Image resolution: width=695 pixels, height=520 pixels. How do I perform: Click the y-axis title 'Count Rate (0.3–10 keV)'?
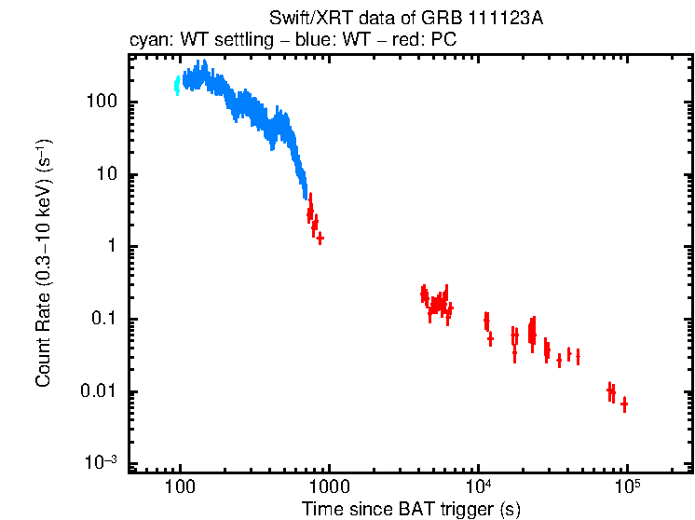point(43,265)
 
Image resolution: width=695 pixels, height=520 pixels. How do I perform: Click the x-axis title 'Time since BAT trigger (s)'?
point(411,509)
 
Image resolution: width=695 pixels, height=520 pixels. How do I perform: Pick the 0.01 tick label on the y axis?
point(97,391)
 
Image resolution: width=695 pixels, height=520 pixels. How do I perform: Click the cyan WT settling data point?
point(177,86)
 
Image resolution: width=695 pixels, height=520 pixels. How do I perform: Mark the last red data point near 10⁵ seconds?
point(624,404)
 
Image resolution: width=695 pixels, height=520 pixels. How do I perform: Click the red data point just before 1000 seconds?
point(320,239)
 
